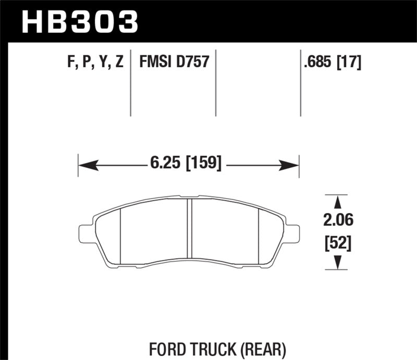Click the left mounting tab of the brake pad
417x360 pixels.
point(85,233)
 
